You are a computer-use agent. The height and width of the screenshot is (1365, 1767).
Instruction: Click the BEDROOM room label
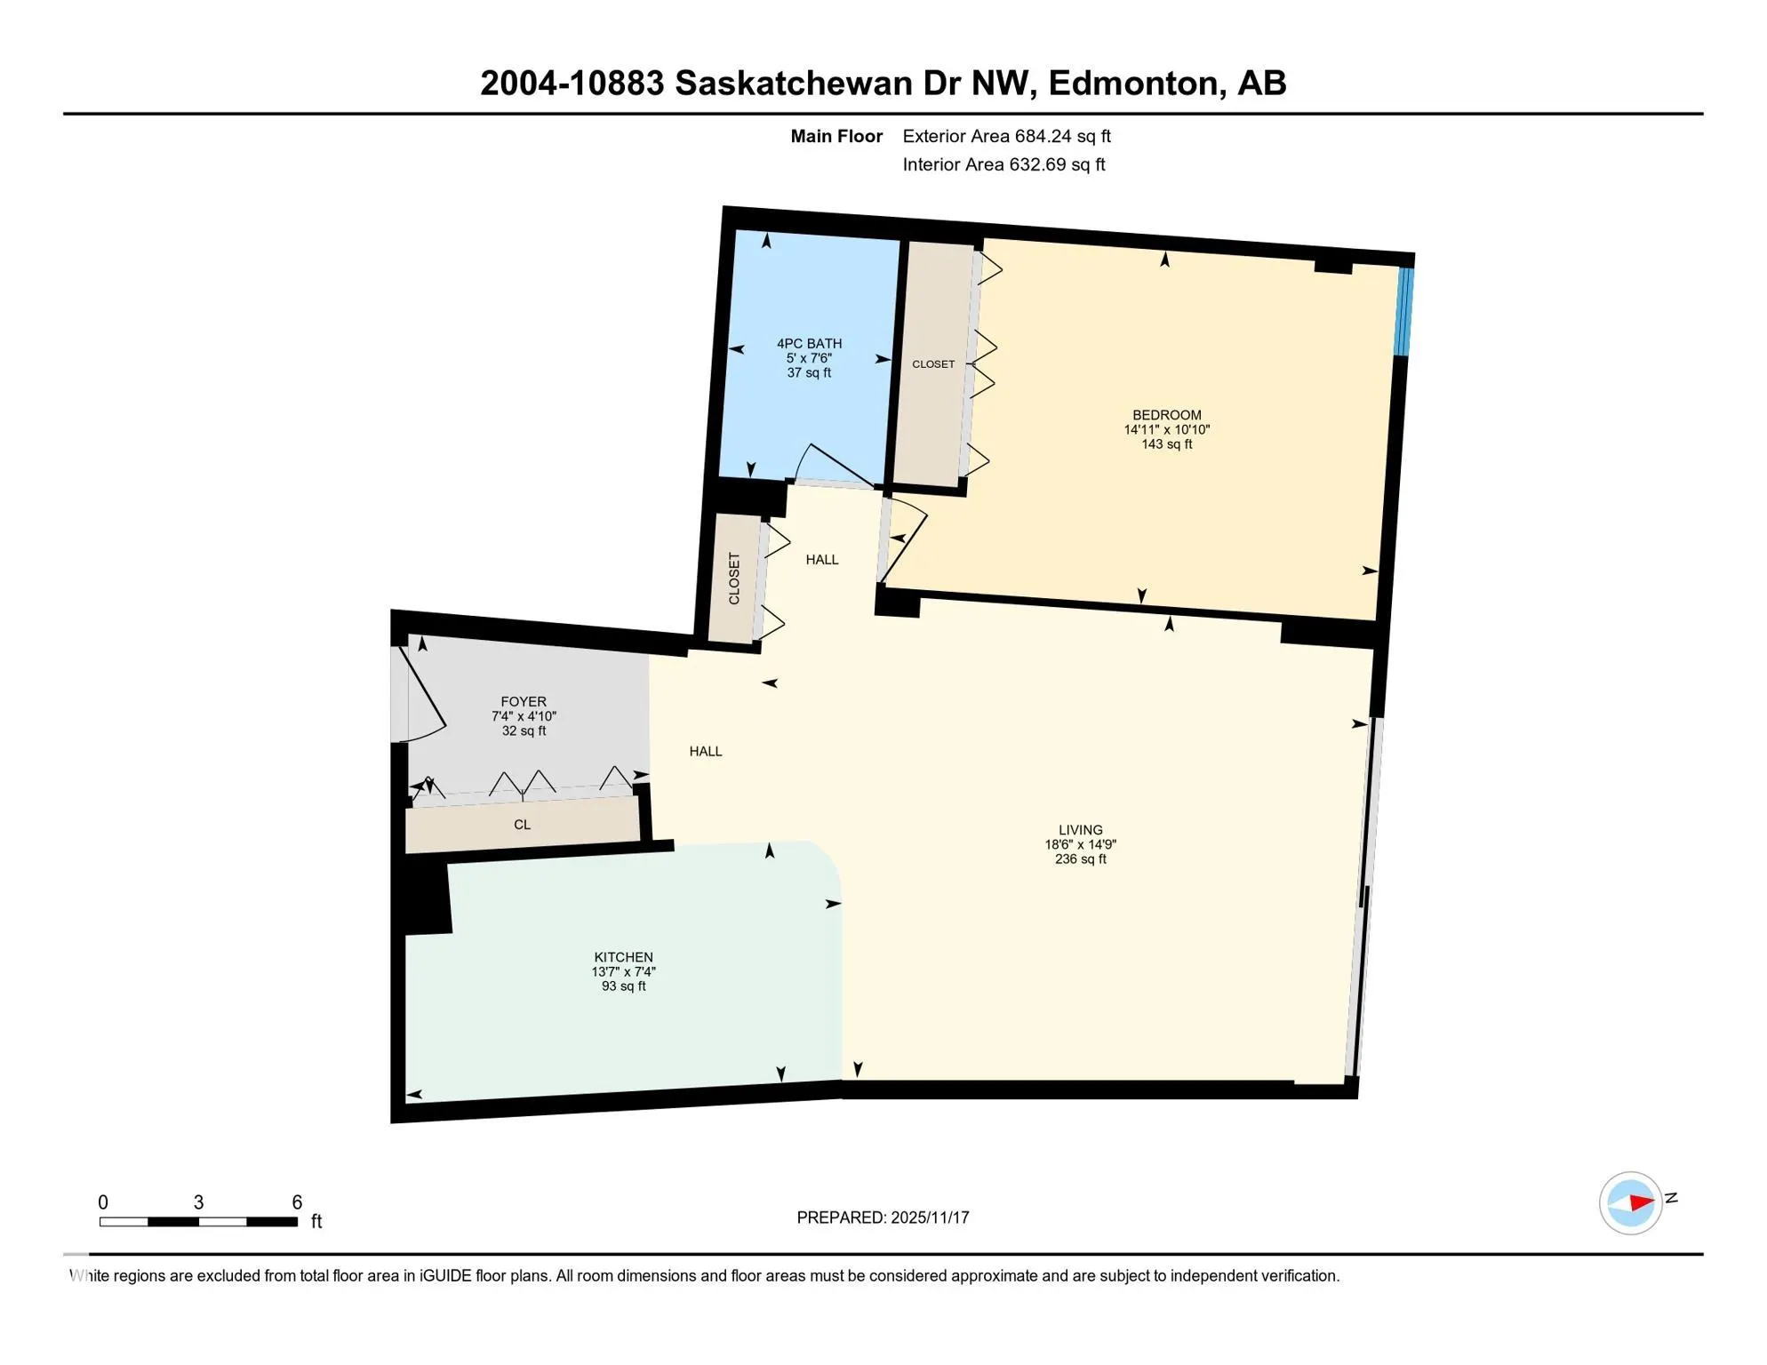tap(1166, 415)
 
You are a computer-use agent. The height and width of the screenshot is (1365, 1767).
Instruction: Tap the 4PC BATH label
tap(809, 344)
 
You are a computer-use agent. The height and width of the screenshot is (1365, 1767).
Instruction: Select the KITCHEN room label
tap(623, 957)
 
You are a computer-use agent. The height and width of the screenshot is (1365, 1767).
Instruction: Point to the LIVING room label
tap(1080, 830)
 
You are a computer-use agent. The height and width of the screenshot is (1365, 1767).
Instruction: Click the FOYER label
tap(524, 702)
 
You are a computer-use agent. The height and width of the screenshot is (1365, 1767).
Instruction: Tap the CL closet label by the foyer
tap(522, 825)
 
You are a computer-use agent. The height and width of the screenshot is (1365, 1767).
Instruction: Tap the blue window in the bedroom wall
tap(1404, 311)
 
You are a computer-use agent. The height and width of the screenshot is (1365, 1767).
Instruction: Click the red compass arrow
tap(1641, 1203)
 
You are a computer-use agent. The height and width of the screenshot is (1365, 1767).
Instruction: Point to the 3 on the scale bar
tap(198, 1202)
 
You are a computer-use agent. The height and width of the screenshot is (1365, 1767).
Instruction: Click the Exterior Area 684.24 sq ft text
tap(1006, 136)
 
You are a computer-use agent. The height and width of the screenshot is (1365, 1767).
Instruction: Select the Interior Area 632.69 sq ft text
tap(1003, 164)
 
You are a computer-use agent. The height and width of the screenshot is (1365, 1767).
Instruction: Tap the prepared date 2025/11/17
tap(930, 1217)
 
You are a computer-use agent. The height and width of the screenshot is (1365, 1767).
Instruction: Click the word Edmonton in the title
tap(1133, 83)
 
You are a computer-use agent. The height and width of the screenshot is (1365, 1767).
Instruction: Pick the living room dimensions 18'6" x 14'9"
tap(1080, 845)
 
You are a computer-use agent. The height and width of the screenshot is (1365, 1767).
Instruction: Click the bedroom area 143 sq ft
tap(1166, 444)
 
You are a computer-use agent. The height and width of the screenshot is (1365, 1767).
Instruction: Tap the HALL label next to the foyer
tap(706, 752)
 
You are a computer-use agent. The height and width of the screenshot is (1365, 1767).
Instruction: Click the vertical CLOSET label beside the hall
tap(734, 579)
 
